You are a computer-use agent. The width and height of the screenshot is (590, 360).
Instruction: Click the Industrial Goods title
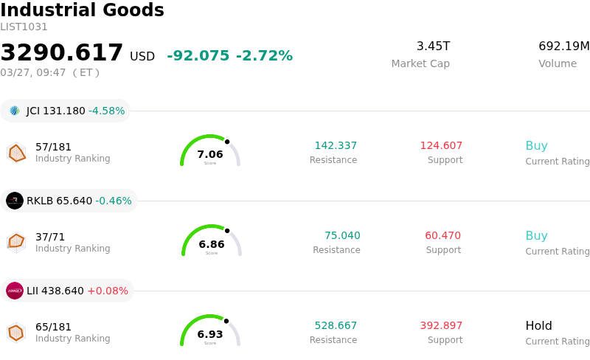pos(82,11)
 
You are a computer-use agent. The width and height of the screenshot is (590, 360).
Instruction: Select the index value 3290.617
pos(62,53)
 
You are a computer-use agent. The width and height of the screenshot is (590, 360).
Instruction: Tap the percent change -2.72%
pos(264,56)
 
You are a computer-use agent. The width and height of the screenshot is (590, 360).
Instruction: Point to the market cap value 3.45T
pos(433,46)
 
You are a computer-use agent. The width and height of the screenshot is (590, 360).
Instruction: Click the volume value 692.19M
pos(563,46)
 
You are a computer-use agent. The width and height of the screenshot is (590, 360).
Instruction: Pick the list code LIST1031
pos(24,27)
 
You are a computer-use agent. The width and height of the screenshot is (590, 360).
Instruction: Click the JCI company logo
pos(15,111)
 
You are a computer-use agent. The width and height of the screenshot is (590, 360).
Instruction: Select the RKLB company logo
pos(15,201)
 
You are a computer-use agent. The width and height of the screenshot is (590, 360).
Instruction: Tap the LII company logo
pos(15,291)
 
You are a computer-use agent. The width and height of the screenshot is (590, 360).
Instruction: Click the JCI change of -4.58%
pos(106,111)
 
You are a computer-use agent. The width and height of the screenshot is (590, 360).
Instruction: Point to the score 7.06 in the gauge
pos(210,154)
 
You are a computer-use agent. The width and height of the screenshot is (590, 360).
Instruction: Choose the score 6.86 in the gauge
pos(212,244)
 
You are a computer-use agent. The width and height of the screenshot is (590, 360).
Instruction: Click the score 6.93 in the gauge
pos(210,334)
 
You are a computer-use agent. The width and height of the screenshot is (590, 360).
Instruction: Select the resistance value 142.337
pos(336,146)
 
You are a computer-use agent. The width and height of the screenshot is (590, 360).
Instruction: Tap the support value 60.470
pos(442,236)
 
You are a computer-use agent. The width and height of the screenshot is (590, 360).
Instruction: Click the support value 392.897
pos(441,326)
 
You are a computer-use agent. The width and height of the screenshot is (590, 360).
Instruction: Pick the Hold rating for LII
pos(538,326)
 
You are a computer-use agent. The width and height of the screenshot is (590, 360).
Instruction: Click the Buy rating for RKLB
pos(536,236)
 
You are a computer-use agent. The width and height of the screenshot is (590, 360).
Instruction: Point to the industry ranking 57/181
pos(53,147)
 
